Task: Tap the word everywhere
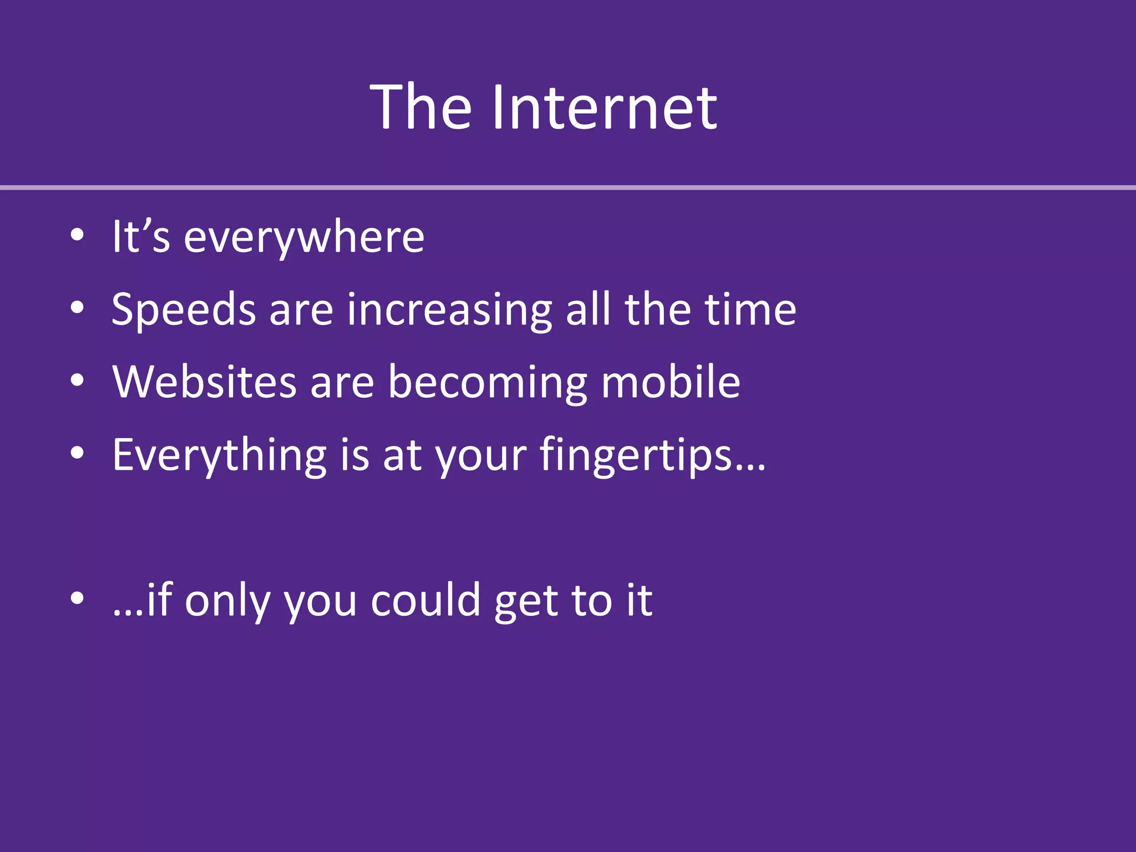pyautogui.click(x=304, y=237)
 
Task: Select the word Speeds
pyautogui.click(x=184, y=310)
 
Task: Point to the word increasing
pyautogui.click(x=449, y=310)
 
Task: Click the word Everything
pyautogui.click(x=219, y=455)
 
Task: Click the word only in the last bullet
pyautogui.click(x=227, y=601)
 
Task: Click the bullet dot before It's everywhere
pyautogui.click(x=77, y=235)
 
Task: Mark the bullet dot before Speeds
pyautogui.click(x=77, y=307)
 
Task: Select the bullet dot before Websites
pyautogui.click(x=77, y=381)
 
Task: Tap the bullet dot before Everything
pyautogui.click(x=77, y=453)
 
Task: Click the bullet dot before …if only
pyautogui.click(x=77, y=598)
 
